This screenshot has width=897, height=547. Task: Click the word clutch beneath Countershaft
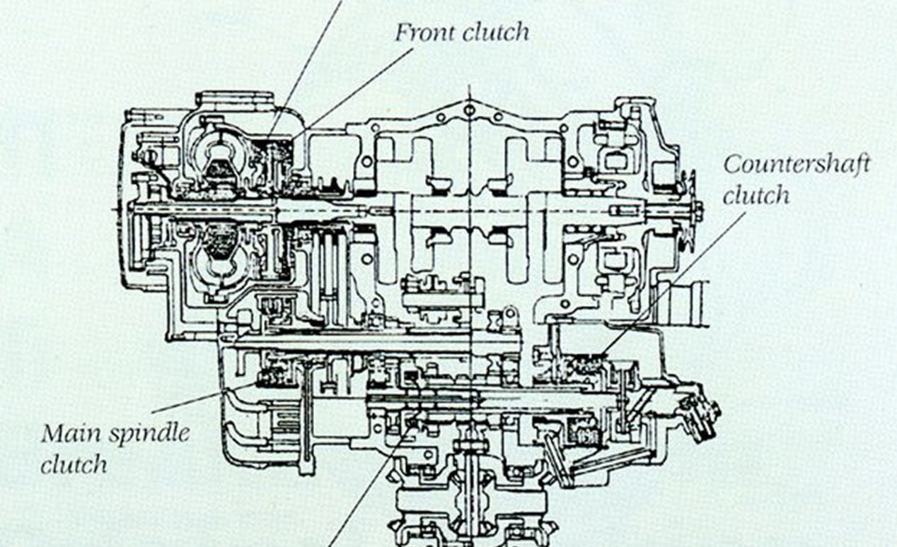[756, 195]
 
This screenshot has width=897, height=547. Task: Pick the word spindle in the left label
[149, 434]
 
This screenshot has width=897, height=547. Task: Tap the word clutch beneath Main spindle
[74, 464]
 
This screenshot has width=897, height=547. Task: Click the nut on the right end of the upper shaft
[698, 210]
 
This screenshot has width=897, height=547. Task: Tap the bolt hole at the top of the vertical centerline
[469, 110]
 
